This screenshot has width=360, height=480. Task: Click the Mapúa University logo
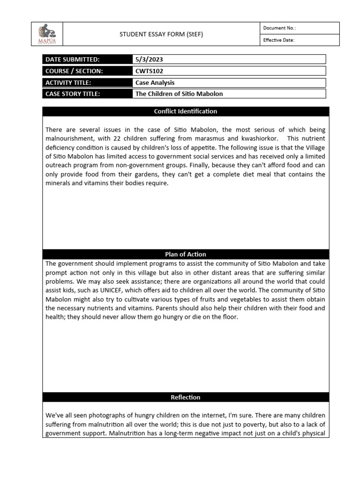coord(46,34)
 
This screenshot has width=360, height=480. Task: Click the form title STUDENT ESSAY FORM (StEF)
coord(161,34)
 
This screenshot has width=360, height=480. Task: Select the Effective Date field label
coord(278,40)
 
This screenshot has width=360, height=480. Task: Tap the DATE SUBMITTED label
coord(73,60)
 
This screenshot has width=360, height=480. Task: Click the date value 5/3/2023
coord(149,60)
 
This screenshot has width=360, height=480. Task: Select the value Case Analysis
coord(155,82)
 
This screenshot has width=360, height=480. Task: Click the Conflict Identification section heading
coord(186,112)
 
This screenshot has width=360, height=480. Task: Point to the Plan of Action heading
coord(186,255)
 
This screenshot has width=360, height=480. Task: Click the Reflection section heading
coord(186,397)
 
